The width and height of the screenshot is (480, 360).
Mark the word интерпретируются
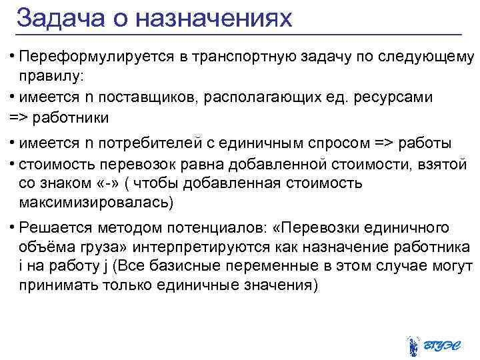pyautogui.click(x=194, y=247)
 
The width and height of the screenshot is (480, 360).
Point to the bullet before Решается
pyautogui.click(x=13, y=227)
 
